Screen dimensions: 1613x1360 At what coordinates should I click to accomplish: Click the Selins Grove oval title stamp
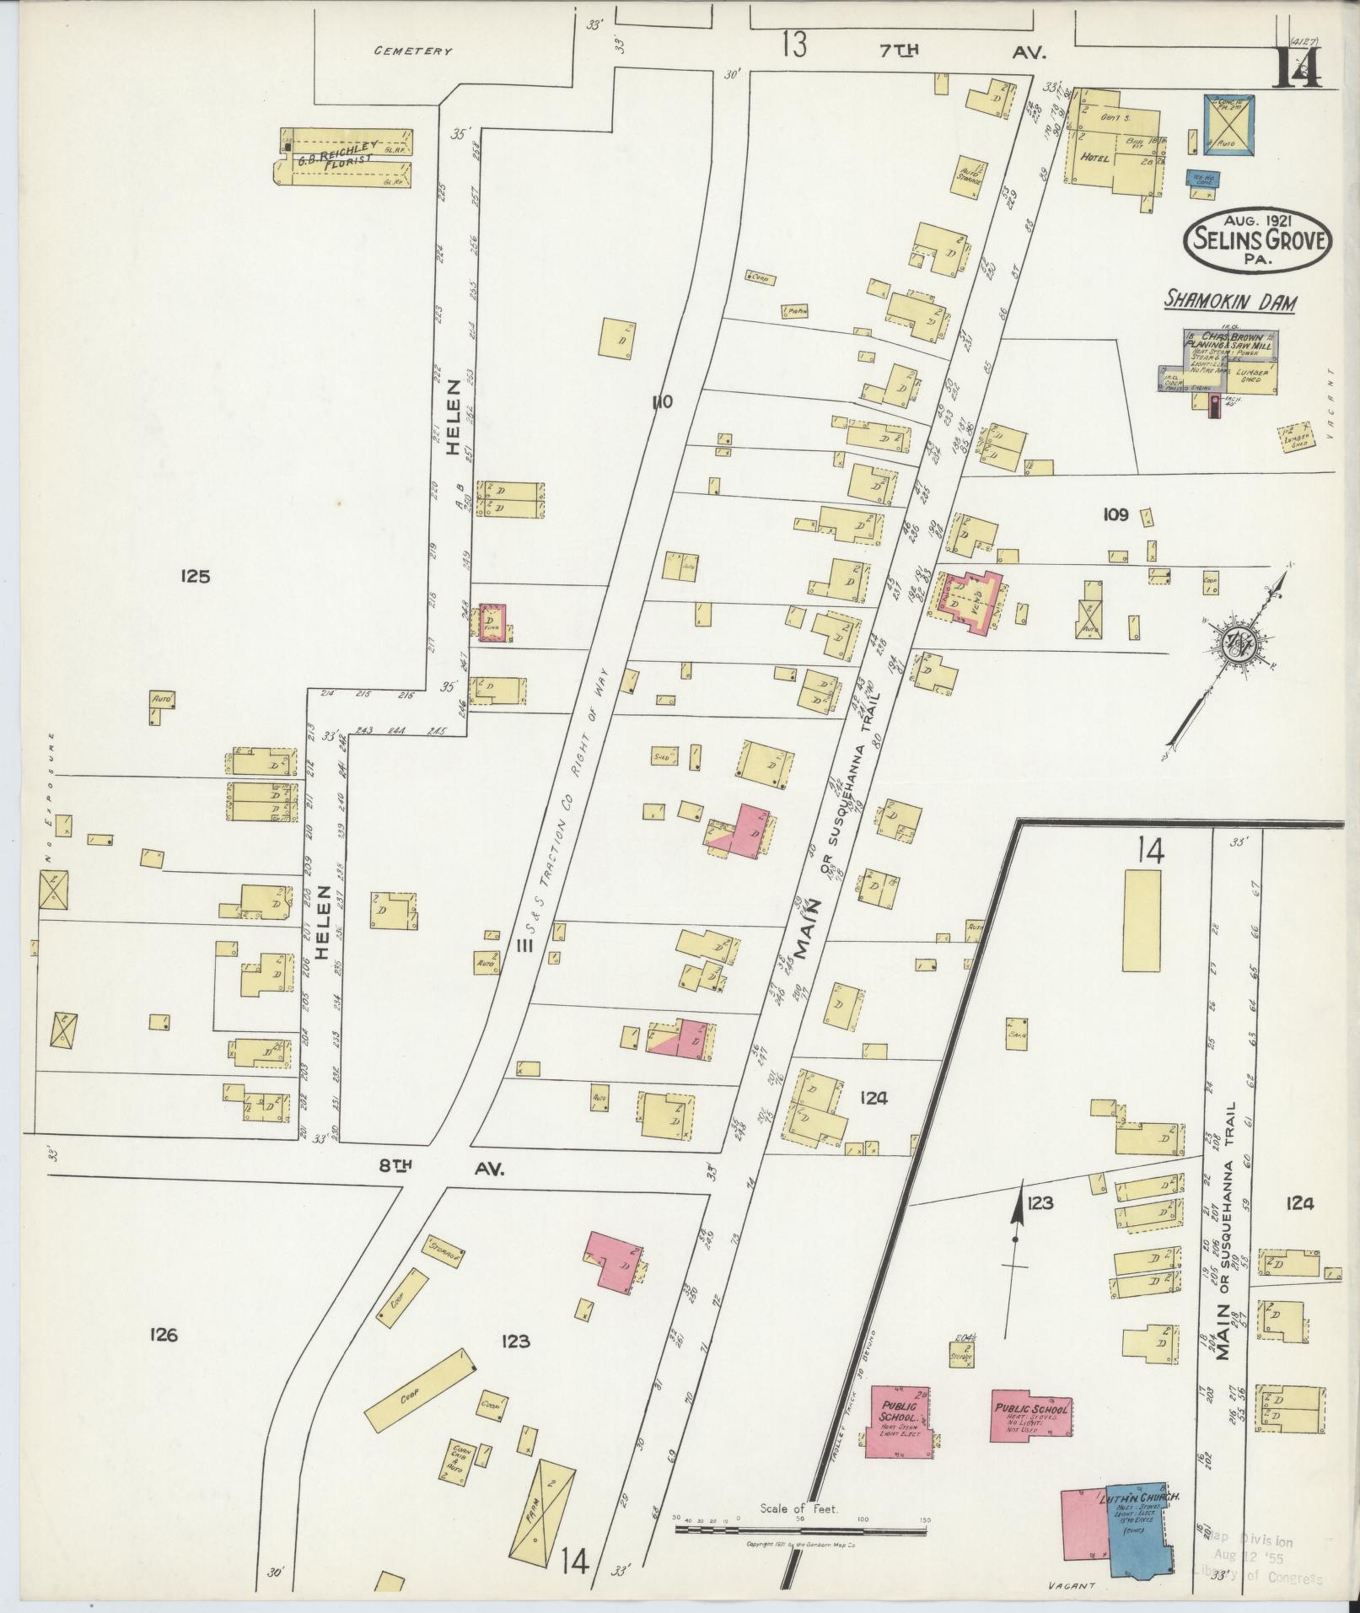(x=1257, y=241)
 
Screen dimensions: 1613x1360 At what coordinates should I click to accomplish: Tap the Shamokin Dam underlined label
(x=1230, y=302)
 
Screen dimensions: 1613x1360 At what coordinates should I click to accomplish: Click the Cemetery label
(x=413, y=51)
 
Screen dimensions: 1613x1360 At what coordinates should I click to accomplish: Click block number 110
(x=661, y=402)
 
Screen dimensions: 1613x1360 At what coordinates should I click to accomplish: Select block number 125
(x=194, y=577)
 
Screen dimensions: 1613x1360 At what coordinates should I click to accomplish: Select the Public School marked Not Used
(x=1031, y=1413)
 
